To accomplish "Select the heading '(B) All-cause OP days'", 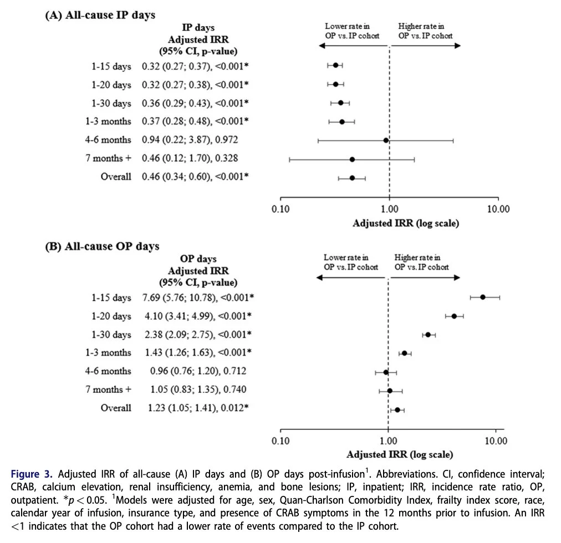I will pyautogui.click(x=101, y=246).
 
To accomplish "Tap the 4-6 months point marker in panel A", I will pyautogui.click(x=386, y=140).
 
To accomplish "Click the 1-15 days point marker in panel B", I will pyautogui.click(x=483, y=297).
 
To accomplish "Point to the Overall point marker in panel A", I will pyautogui.click(x=352, y=178).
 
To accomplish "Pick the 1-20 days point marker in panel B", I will pyautogui.click(x=454, y=316).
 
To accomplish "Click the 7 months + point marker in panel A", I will pyautogui.click(x=352, y=159).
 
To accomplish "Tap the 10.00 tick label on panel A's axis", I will pyautogui.click(x=497, y=209).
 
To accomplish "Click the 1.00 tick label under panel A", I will pyautogui.click(x=389, y=209).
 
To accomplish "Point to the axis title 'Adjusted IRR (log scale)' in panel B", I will pyautogui.click(x=400, y=454).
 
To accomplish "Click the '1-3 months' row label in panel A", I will pyautogui.click(x=109, y=121).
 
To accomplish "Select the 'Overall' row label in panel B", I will pyautogui.click(x=116, y=408).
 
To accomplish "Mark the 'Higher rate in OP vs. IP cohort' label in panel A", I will pyautogui.click(x=425, y=31).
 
